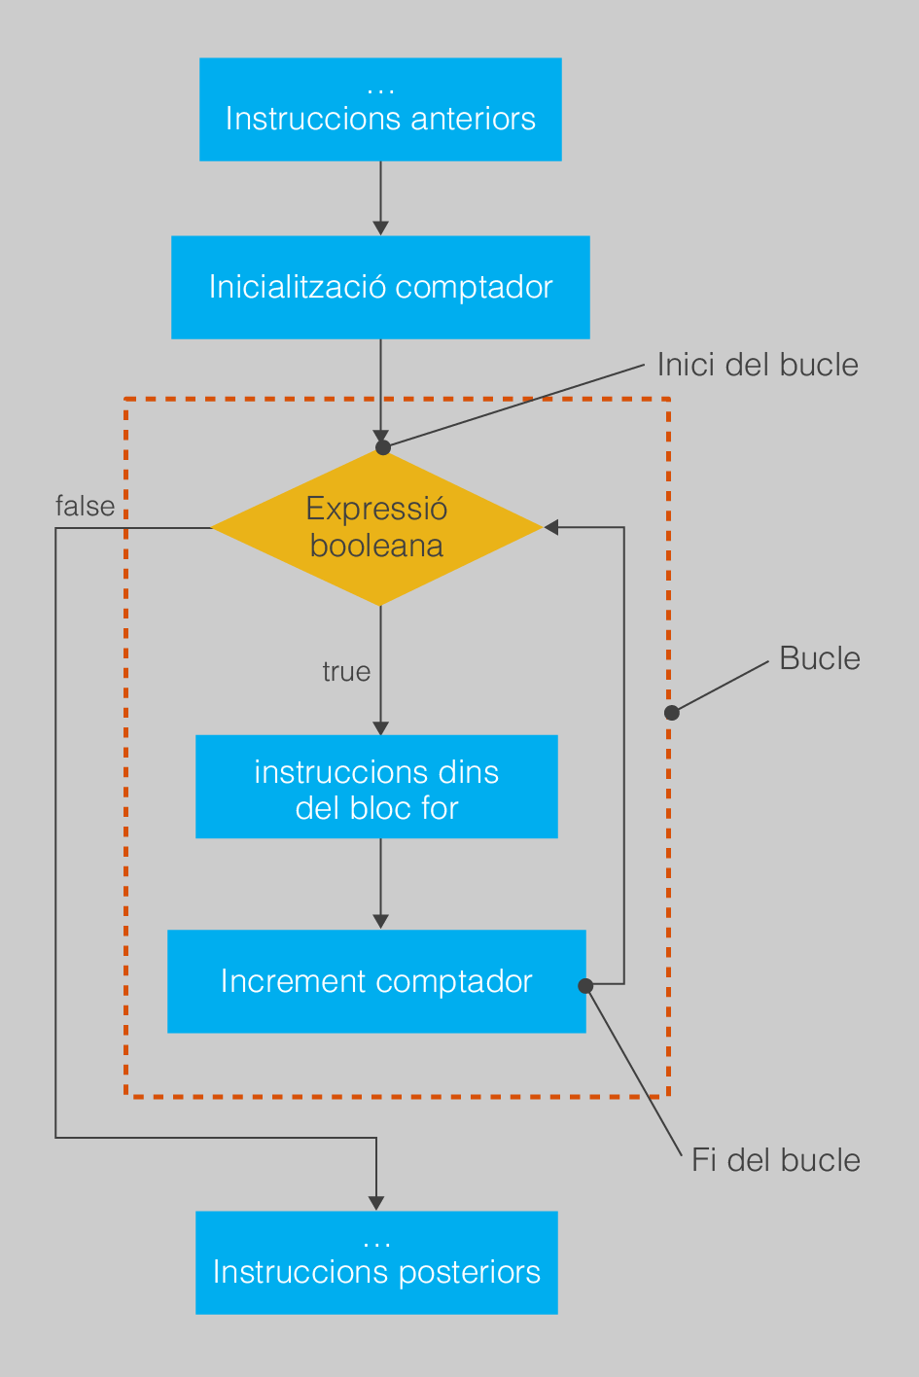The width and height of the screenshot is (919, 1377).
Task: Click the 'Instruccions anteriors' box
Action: (x=380, y=110)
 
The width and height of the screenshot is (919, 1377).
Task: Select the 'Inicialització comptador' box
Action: (x=380, y=287)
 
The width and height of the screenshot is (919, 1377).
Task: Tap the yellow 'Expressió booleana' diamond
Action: (x=376, y=527)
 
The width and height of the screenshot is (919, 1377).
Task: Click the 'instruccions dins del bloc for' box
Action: (x=376, y=787)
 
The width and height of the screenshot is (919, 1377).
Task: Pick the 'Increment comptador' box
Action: (x=376, y=981)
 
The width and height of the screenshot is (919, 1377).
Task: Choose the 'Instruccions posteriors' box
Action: (x=376, y=1262)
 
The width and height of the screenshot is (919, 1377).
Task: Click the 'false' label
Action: (x=85, y=507)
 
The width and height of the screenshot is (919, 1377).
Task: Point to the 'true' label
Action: (x=347, y=672)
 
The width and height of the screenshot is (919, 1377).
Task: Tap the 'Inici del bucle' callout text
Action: (x=758, y=365)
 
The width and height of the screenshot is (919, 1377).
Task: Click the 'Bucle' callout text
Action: (x=820, y=658)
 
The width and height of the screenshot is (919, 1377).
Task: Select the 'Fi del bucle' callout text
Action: (x=776, y=1160)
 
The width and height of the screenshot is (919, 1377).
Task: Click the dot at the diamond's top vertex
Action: (x=383, y=447)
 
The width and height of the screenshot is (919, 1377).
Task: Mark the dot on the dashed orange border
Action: (x=672, y=713)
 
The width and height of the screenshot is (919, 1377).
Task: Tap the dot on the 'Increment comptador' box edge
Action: (x=585, y=986)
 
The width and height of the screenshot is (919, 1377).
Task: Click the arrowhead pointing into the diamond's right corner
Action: (x=551, y=527)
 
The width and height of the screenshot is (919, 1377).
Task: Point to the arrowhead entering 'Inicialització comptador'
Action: (x=380, y=229)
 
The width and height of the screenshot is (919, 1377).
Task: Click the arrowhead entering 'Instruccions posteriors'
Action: (x=376, y=1203)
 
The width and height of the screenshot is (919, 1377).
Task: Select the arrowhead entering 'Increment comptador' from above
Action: (x=380, y=922)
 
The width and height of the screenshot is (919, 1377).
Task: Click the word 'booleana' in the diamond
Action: (x=376, y=546)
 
